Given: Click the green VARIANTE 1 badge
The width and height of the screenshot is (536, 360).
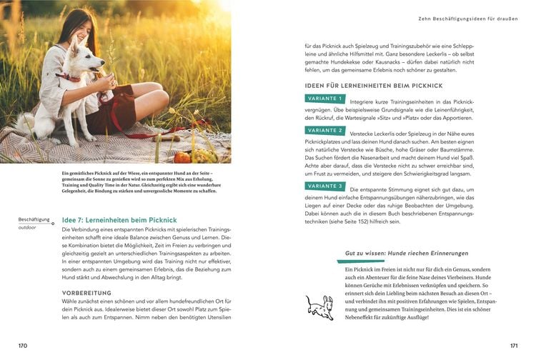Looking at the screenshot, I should coord(325,99).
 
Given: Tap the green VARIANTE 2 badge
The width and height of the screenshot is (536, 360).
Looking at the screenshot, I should coord(325,131).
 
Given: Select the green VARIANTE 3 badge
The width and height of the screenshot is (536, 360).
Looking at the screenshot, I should coord(325,186).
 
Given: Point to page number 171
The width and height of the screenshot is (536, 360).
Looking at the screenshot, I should coord(512,345).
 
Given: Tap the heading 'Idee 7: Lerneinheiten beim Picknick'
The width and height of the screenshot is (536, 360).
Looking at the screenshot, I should coord(119,220).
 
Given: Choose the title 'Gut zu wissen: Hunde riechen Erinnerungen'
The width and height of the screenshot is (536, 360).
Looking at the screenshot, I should coord(407,254).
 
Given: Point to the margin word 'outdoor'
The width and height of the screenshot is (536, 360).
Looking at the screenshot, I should coord(29,227).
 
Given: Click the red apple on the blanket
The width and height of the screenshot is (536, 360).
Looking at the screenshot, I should coord(183,156).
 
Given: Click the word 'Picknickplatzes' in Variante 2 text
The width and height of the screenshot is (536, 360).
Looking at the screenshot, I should coord(327,142).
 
